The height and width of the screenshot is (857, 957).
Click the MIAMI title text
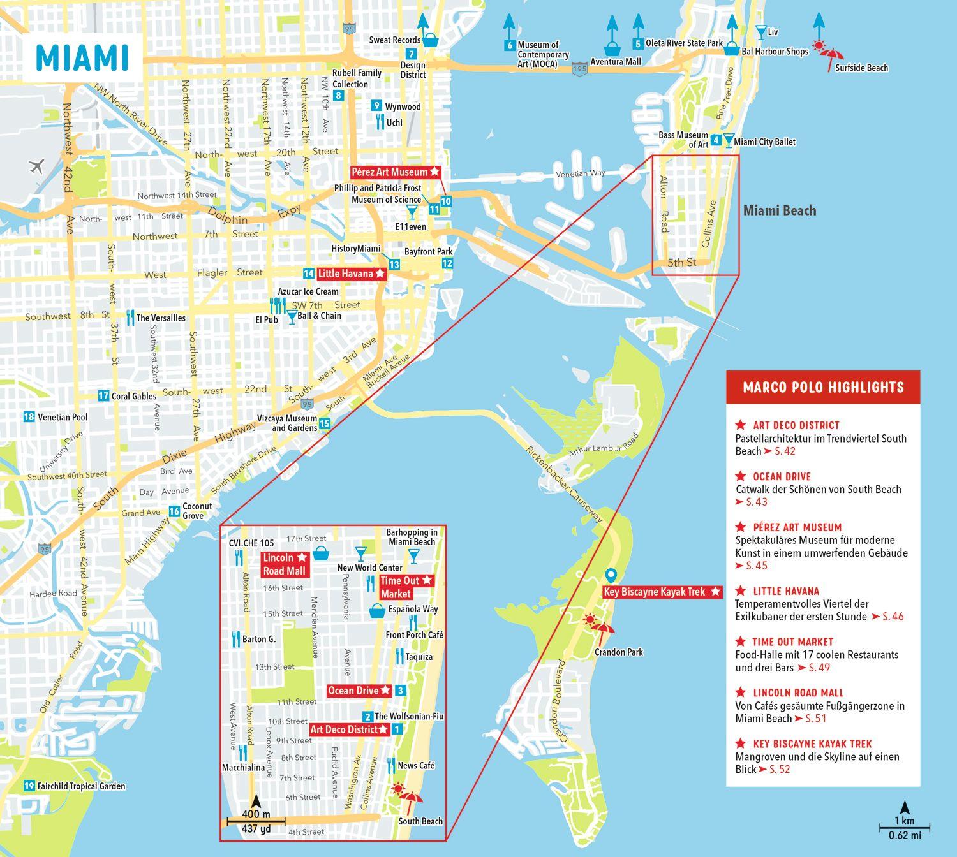tap(82, 57)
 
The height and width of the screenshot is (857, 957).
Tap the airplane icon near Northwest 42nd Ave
tap(36, 167)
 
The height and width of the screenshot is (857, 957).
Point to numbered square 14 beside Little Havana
tap(309, 274)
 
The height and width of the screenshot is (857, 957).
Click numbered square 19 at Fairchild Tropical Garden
tap(29, 786)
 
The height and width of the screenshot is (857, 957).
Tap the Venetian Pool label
tap(63, 417)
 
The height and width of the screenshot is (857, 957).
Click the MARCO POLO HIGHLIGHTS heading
tap(823, 387)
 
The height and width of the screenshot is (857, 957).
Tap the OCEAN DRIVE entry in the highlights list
tap(782, 476)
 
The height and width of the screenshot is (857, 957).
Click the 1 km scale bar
tap(904, 829)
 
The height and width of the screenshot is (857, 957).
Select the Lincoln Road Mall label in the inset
tap(285, 564)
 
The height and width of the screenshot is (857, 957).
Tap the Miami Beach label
tap(779, 210)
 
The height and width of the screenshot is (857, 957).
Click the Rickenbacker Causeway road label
tap(563, 484)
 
